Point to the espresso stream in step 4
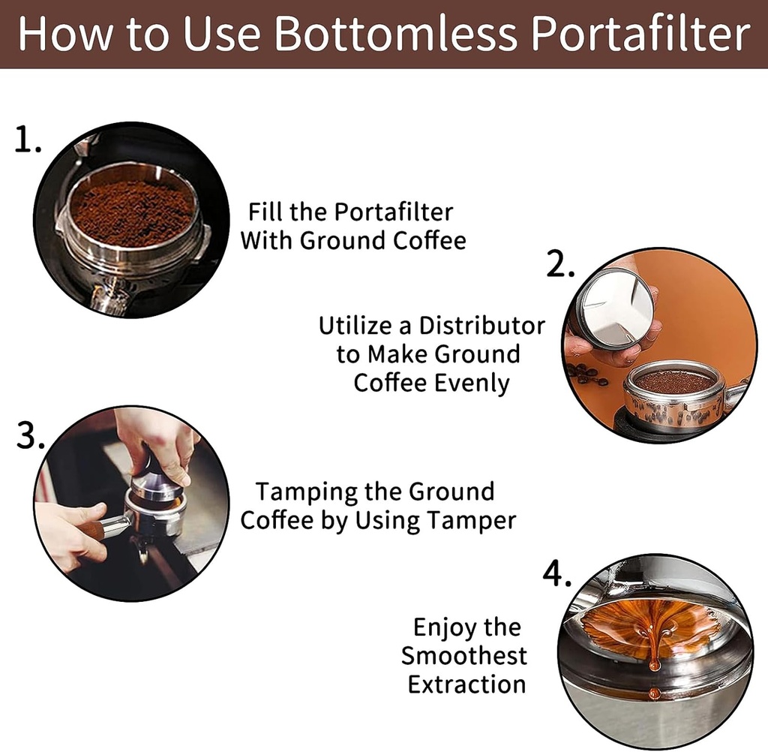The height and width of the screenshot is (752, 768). click(655, 645)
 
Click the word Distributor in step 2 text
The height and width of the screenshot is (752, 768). click(481, 326)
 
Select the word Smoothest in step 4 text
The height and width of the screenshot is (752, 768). click(463, 655)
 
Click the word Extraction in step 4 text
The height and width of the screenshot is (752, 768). click(466, 684)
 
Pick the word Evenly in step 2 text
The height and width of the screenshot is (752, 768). click(472, 383)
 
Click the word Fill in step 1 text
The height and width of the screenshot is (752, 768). click(265, 212)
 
